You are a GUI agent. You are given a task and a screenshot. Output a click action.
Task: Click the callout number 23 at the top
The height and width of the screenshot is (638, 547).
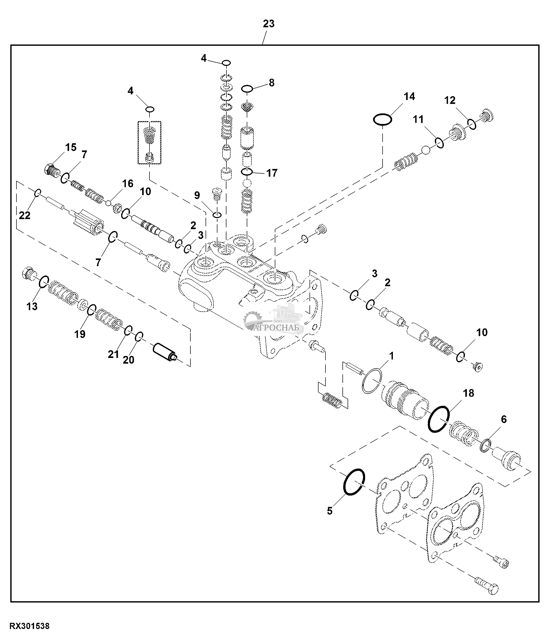(268, 24)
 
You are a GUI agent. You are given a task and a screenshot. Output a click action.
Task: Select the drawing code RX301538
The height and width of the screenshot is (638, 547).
(30, 626)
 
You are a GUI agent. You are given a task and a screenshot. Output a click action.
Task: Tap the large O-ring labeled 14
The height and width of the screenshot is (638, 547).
(382, 119)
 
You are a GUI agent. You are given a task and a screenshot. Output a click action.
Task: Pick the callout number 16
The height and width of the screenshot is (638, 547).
(128, 184)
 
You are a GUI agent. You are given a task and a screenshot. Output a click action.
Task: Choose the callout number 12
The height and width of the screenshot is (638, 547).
(450, 100)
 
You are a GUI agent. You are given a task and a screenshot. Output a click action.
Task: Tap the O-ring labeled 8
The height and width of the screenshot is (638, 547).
(247, 89)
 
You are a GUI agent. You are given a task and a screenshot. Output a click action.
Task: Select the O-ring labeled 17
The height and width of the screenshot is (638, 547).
(247, 172)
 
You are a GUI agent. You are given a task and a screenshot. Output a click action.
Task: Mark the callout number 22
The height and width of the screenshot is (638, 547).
(25, 215)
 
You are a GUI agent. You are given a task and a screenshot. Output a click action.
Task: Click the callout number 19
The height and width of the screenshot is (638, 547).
(80, 334)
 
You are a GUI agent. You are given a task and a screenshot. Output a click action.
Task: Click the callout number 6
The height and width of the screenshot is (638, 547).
(504, 419)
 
